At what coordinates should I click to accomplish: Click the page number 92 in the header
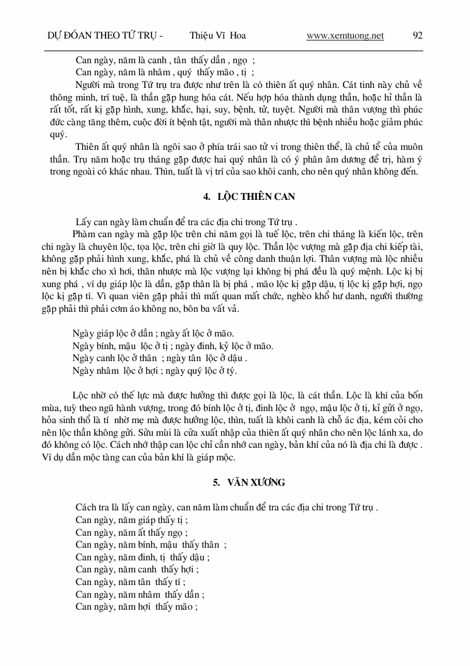pyautogui.click(x=418, y=35)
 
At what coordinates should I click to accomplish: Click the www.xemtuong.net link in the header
pyautogui.click(x=345, y=35)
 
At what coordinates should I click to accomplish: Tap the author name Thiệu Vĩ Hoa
pyautogui.click(x=217, y=35)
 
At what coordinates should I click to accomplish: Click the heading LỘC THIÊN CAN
pyautogui.click(x=256, y=197)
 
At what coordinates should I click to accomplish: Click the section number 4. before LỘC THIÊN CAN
pyautogui.click(x=207, y=197)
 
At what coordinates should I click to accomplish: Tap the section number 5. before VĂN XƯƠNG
pyautogui.click(x=216, y=483)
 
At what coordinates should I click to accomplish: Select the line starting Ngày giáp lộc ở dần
pyautogui.click(x=153, y=333)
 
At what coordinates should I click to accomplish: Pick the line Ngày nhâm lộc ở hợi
pyautogui.click(x=155, y=371)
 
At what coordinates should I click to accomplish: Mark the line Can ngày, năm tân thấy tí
pyautogui.click(x=130, y=582)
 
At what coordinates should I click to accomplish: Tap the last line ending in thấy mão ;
pyautogui.click(x=137, y=607)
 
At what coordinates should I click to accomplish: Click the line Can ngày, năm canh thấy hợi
pyautogui.click(x=135, y=569)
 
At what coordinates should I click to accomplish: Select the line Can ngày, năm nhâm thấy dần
pyautogui.click(x=140, y=595)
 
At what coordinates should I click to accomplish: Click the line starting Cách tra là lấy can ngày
pyautogui.click(x=227, y=507)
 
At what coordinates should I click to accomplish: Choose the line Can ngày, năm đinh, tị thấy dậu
pyautogui.click(x=142, y=557)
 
